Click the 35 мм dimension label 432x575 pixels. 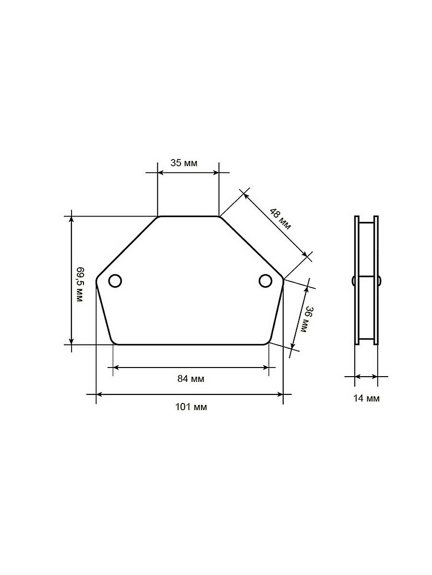tap(184, 163)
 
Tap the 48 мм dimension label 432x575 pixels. tap(280, 219)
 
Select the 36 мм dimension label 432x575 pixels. tap(307, 319)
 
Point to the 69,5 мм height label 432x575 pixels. tap(80, 285)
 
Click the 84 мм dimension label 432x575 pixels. tap(191, 379)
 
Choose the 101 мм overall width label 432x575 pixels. tap(191, 407)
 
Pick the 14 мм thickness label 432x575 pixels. tap(366, 399)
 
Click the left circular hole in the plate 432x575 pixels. tap(115, 281)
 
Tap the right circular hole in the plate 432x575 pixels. tap(265, 281)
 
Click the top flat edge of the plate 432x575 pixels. tap(188, 217)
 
